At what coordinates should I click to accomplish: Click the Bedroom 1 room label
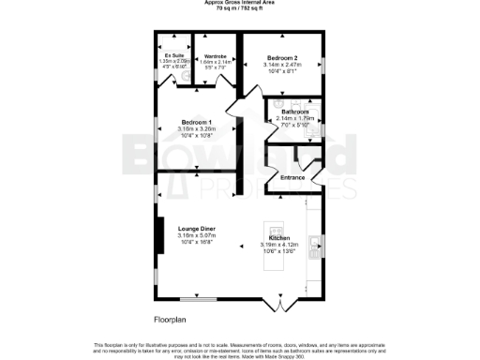[196, 125]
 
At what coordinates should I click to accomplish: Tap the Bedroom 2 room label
[280, 56]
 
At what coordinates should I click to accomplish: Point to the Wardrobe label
[216, 55]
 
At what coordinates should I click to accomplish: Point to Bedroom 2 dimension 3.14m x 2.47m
[280, 65]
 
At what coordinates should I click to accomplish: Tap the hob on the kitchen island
[277, 229]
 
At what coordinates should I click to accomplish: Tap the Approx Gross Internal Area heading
[240, 3]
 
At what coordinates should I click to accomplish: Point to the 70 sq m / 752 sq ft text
[240, 8]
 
